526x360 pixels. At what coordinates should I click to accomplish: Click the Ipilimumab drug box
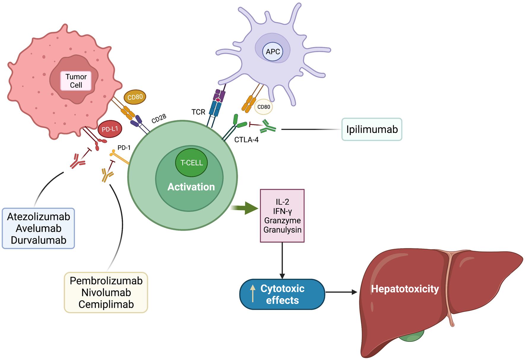point(372,129)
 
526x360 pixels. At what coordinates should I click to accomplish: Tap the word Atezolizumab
point(39,217)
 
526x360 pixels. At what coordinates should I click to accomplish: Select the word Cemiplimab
point(106,304)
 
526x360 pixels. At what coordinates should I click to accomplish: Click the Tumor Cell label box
point(76,81)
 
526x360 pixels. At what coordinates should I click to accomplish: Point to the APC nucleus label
point(273,52)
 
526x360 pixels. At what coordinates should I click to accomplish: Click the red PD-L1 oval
point(110,129)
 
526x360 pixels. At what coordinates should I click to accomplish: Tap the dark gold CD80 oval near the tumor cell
point(135,97)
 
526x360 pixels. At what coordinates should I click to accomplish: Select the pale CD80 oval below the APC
point(264,107)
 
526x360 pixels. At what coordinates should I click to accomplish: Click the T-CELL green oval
point(191,163)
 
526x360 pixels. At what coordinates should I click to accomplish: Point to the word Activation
point(191,187)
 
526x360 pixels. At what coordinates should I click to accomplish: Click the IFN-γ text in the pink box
point(282,211)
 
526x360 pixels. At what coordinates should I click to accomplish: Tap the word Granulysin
point(282,230)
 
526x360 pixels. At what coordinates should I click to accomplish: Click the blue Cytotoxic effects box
point(282,294)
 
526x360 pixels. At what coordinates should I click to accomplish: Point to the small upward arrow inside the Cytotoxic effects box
point(253,293)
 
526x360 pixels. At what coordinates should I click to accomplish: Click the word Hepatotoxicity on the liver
point(405,289)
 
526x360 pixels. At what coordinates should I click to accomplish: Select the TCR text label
point(198,112)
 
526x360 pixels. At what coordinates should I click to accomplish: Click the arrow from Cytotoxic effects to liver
point(341,292)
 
